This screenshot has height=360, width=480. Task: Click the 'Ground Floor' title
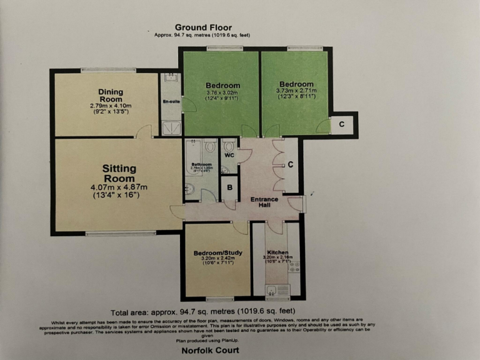click(x=203, y=27)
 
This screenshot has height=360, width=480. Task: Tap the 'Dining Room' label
click(x=111, y=96)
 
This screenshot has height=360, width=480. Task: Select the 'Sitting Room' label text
click(x=119, y=173)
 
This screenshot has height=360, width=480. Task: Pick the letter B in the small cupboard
click(x=229, y=187)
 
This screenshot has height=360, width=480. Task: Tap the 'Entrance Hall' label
click(x=264, y=202)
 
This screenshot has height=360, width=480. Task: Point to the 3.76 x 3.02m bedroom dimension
click(x=223, y=93)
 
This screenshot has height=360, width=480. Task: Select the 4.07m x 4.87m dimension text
click(x=119, y=187)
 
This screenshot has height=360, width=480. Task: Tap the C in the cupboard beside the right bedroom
click(x=342, y=123)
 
